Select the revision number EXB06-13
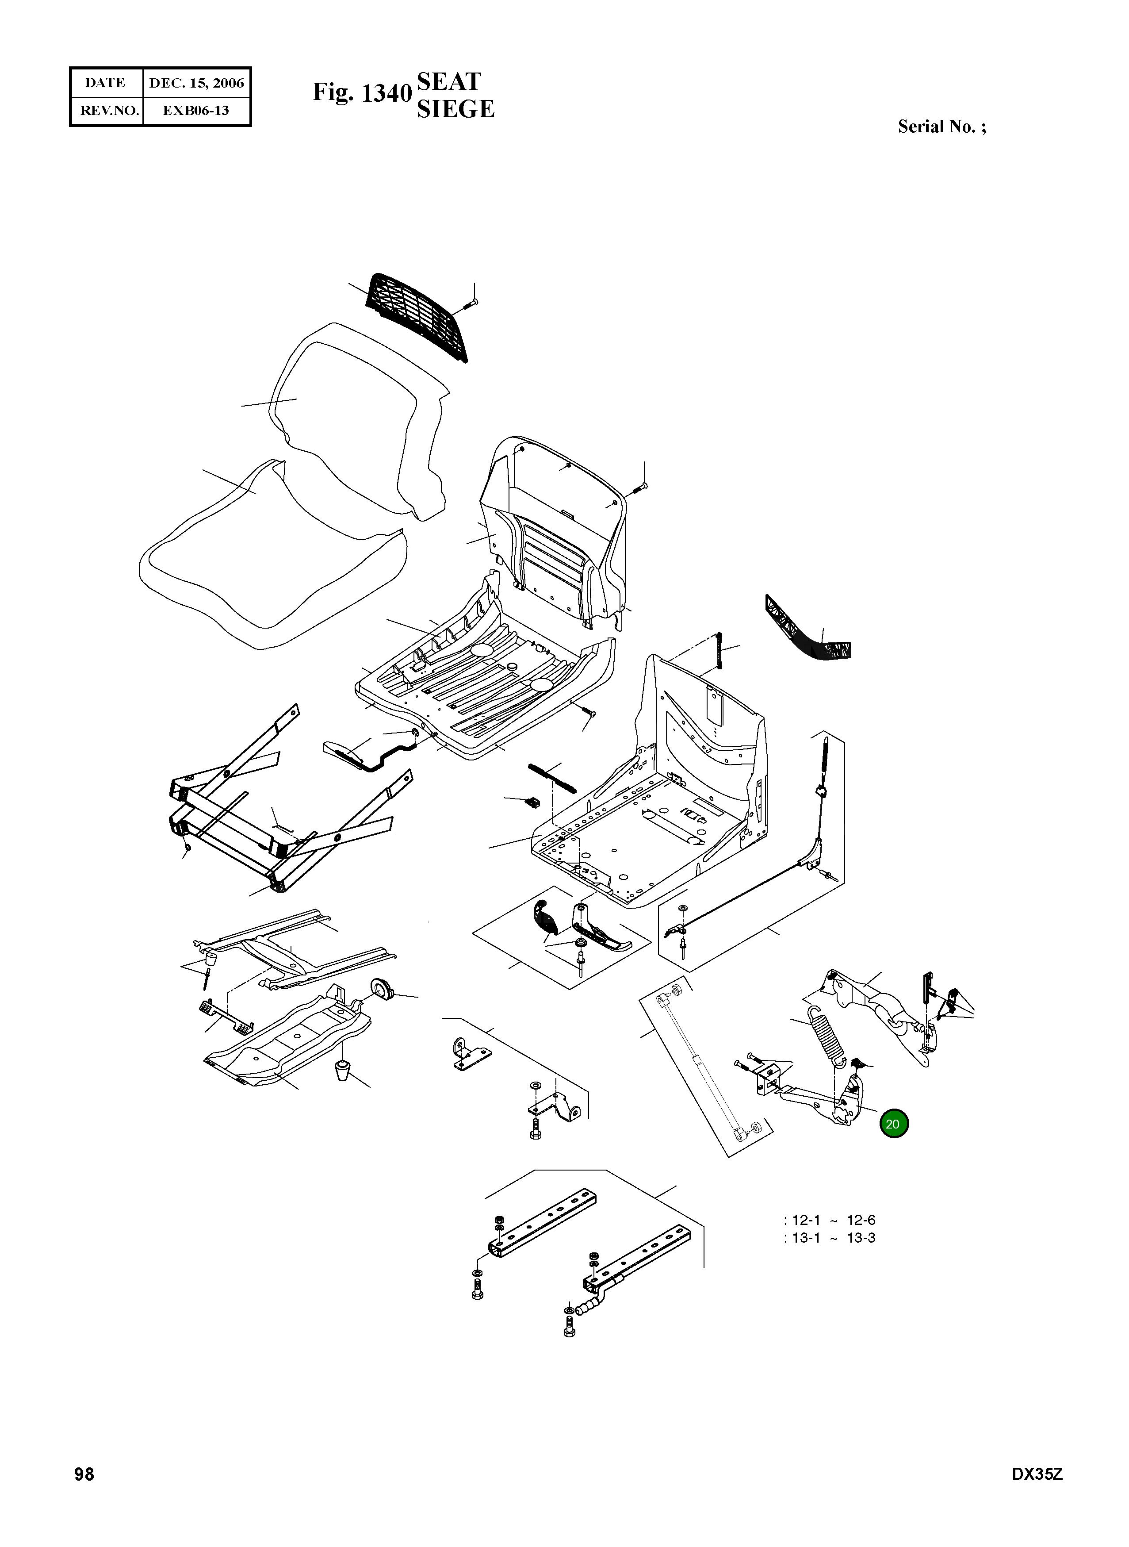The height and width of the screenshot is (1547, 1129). [196, 110]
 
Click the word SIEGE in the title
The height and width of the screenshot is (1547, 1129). [455, 109]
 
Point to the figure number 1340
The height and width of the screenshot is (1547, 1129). [386, 93]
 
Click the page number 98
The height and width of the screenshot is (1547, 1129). [84, 1493]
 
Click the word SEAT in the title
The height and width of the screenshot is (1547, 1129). [449, 81]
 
